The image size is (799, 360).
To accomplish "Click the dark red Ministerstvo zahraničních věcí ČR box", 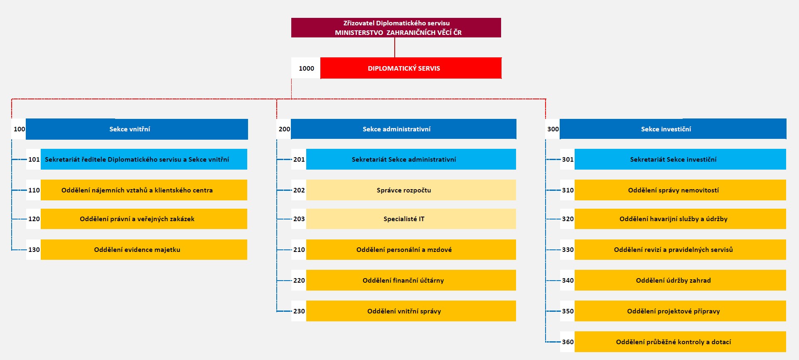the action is [396, 27].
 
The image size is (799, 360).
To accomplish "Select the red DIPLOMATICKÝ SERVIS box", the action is [411, 68].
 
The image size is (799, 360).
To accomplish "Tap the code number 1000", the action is [306, 69].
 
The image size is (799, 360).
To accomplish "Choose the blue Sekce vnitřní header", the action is [137, 129].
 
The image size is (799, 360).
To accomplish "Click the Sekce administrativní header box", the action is [403, 129].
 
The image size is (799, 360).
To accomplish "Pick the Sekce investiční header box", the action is [673, 129].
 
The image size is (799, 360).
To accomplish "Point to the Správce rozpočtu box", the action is [411, 190].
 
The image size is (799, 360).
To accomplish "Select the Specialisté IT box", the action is [411, 219].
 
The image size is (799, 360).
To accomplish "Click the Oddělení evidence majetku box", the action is [144, 249].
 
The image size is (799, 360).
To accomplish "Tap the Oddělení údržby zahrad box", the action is [680, 280].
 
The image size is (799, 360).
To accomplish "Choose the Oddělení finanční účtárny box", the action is [411, 280].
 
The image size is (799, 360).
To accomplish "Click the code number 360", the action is [568, 342].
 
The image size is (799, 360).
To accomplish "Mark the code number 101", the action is [34, 160].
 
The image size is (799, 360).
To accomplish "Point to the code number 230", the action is [299, 311].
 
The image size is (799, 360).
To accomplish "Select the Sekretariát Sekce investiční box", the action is [680, 159].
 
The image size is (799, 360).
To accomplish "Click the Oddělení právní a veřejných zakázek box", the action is [144, 219].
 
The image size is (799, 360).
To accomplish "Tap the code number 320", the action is [568, 219].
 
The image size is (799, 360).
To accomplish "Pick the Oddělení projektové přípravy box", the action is [680, 311].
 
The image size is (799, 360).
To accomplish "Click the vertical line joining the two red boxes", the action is [395, 47].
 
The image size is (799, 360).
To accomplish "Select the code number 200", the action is [284, 129].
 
